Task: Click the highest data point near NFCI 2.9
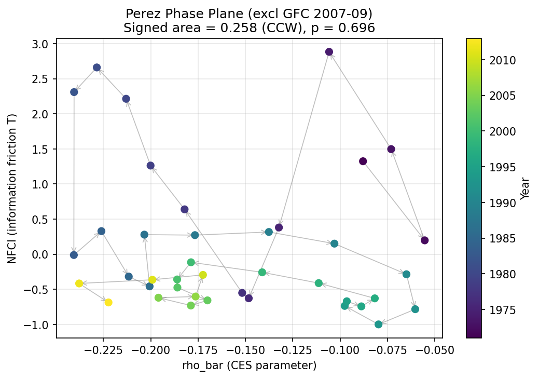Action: coord(329,52)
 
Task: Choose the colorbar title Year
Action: coord(525,187)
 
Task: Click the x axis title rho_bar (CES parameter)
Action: coord(249,366)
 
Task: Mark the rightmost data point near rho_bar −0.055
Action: coord(425,240)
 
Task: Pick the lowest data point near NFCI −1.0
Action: coord(379,324)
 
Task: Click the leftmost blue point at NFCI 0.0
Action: coord(74,255)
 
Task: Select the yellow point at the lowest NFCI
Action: coord(108,302)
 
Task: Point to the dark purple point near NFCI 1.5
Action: coord(391,149)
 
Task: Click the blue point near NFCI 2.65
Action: coord(96,67)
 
